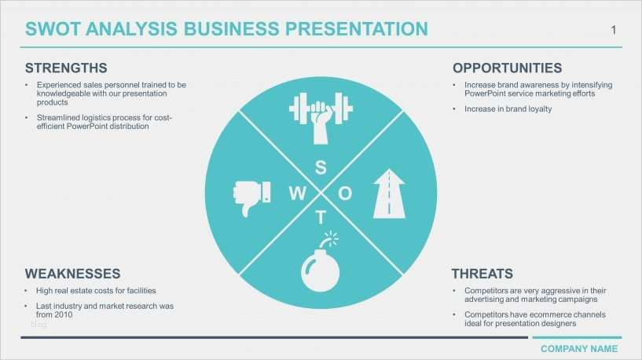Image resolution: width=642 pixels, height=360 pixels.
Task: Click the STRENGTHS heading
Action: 66,68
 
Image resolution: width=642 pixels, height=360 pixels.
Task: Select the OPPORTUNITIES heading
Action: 507,68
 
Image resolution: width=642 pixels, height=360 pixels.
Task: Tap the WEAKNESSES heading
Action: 72,274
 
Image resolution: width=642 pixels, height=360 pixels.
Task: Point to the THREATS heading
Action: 482,274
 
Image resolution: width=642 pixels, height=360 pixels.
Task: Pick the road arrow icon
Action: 390,192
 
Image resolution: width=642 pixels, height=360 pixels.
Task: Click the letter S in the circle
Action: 321,167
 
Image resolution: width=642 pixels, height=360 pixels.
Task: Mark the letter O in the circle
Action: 345,193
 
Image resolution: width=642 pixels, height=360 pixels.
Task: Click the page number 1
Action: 613,30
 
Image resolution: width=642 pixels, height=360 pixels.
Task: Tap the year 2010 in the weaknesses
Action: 64,314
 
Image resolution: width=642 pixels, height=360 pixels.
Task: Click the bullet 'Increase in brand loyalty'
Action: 508,108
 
